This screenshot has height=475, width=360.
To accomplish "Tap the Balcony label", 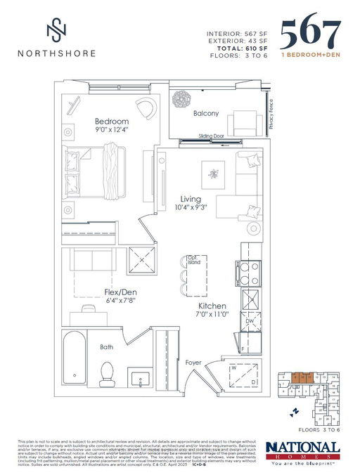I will click(206, 113).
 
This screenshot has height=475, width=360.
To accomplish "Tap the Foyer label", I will click(193, 363).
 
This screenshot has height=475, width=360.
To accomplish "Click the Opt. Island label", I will click(193, 259).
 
